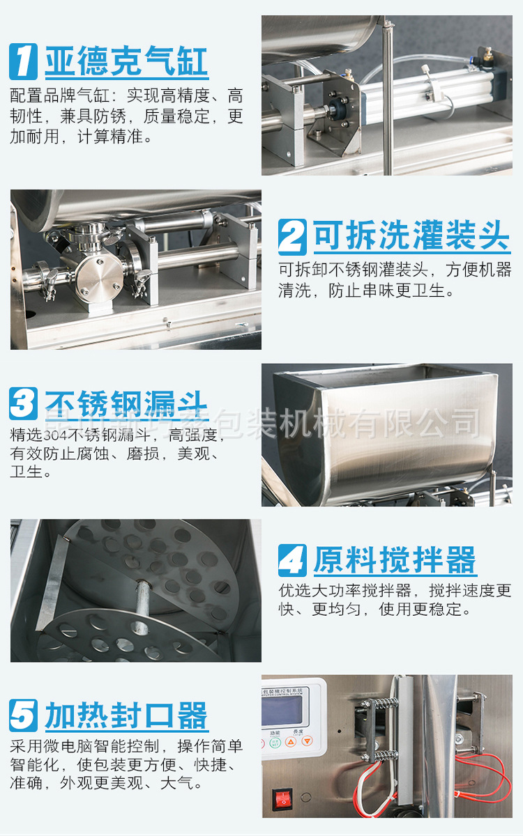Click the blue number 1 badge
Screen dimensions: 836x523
coord(23,61)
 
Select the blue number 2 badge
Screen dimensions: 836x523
coord(292,237)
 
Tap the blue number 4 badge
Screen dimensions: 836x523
coord(292,560)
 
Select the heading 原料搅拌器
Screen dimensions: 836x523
coord(395,560)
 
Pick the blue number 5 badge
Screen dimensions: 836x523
coord(23,715)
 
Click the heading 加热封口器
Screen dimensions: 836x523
coord(126,715)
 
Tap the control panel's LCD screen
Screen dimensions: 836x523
coord(282,710)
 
